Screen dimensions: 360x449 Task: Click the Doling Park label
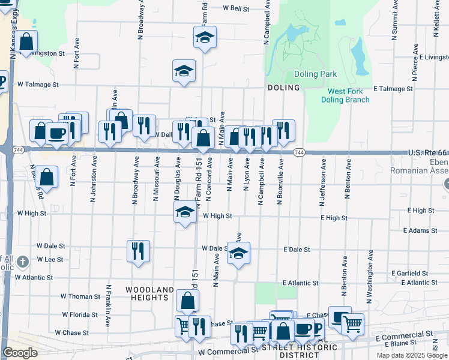[x=315, y=74]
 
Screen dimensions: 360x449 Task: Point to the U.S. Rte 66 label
[x=427, y=154]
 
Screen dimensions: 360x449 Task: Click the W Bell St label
[x=236, y=8]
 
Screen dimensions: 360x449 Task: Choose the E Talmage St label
[x=393, y=89]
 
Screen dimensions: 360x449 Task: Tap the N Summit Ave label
[x=394, y=24]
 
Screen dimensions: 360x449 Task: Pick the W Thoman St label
[x=80, y=296]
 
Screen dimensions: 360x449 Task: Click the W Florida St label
[x=80, y=314]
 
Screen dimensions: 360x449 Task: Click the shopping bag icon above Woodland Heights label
[x=187, y=300]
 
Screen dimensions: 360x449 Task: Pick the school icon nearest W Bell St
[x=205, y=38]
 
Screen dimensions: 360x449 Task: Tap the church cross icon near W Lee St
[x=22, y=262]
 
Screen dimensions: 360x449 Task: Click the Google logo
[x=20, y=353]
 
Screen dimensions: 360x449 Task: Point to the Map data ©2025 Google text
[x=411, y=355]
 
